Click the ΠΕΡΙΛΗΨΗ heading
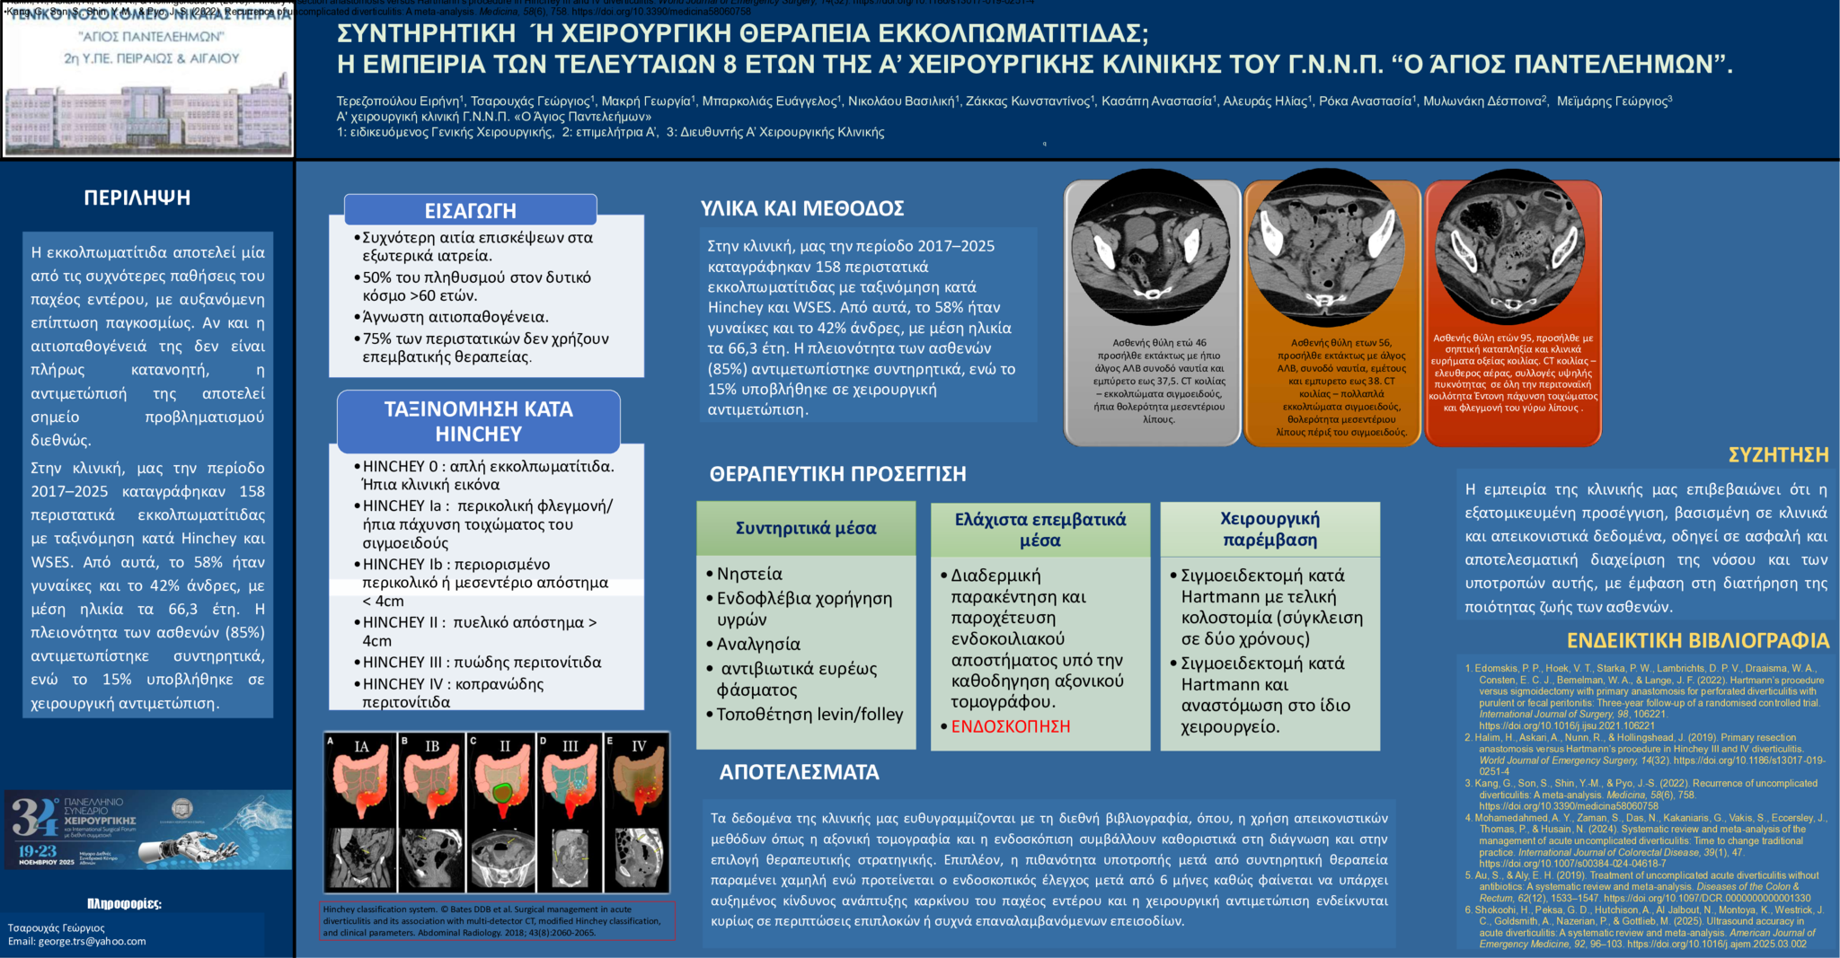point(137,198)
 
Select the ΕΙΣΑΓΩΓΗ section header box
point(470,210)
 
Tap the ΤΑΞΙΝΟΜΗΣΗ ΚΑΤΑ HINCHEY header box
point(478,421)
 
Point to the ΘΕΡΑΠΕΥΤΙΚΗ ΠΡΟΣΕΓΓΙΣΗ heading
point(837,474)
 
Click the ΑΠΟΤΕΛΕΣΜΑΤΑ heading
point(799,772)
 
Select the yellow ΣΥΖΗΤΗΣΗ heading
point(1778,455)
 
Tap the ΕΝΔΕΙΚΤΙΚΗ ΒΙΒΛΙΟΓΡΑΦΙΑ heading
point(1697,640)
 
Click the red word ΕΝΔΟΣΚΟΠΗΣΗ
point(1010,726)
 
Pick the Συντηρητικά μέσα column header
point(806,528)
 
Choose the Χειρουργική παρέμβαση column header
point(1269,529)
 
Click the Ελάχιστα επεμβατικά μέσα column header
point(1039,529)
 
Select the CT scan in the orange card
point(1332,247)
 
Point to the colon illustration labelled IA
point(360,778)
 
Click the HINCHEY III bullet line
point(482,663)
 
